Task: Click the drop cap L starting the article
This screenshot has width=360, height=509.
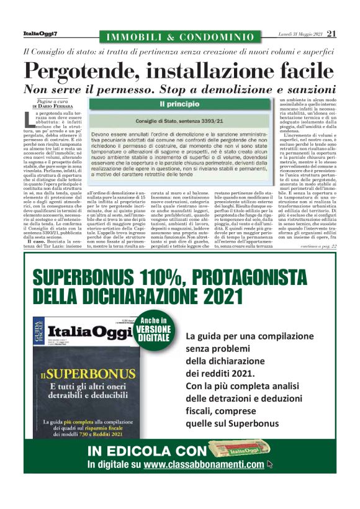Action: (25, 119)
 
